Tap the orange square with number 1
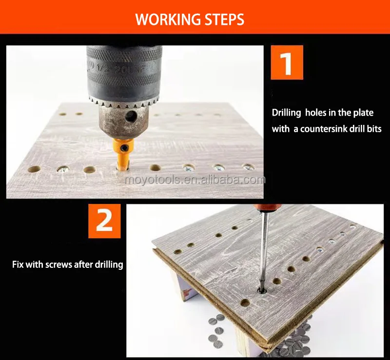coord(287,62)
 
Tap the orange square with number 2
coord(104,221)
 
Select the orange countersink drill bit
coord(123,154)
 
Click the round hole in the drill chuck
coord(131,116)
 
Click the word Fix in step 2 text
coord(18,264)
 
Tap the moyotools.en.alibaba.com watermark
coord(195,180)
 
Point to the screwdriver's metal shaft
coord(264,249)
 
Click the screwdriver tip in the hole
coord(261,290)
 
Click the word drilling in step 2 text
coord(109,264)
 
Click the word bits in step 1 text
coord(374,129)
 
